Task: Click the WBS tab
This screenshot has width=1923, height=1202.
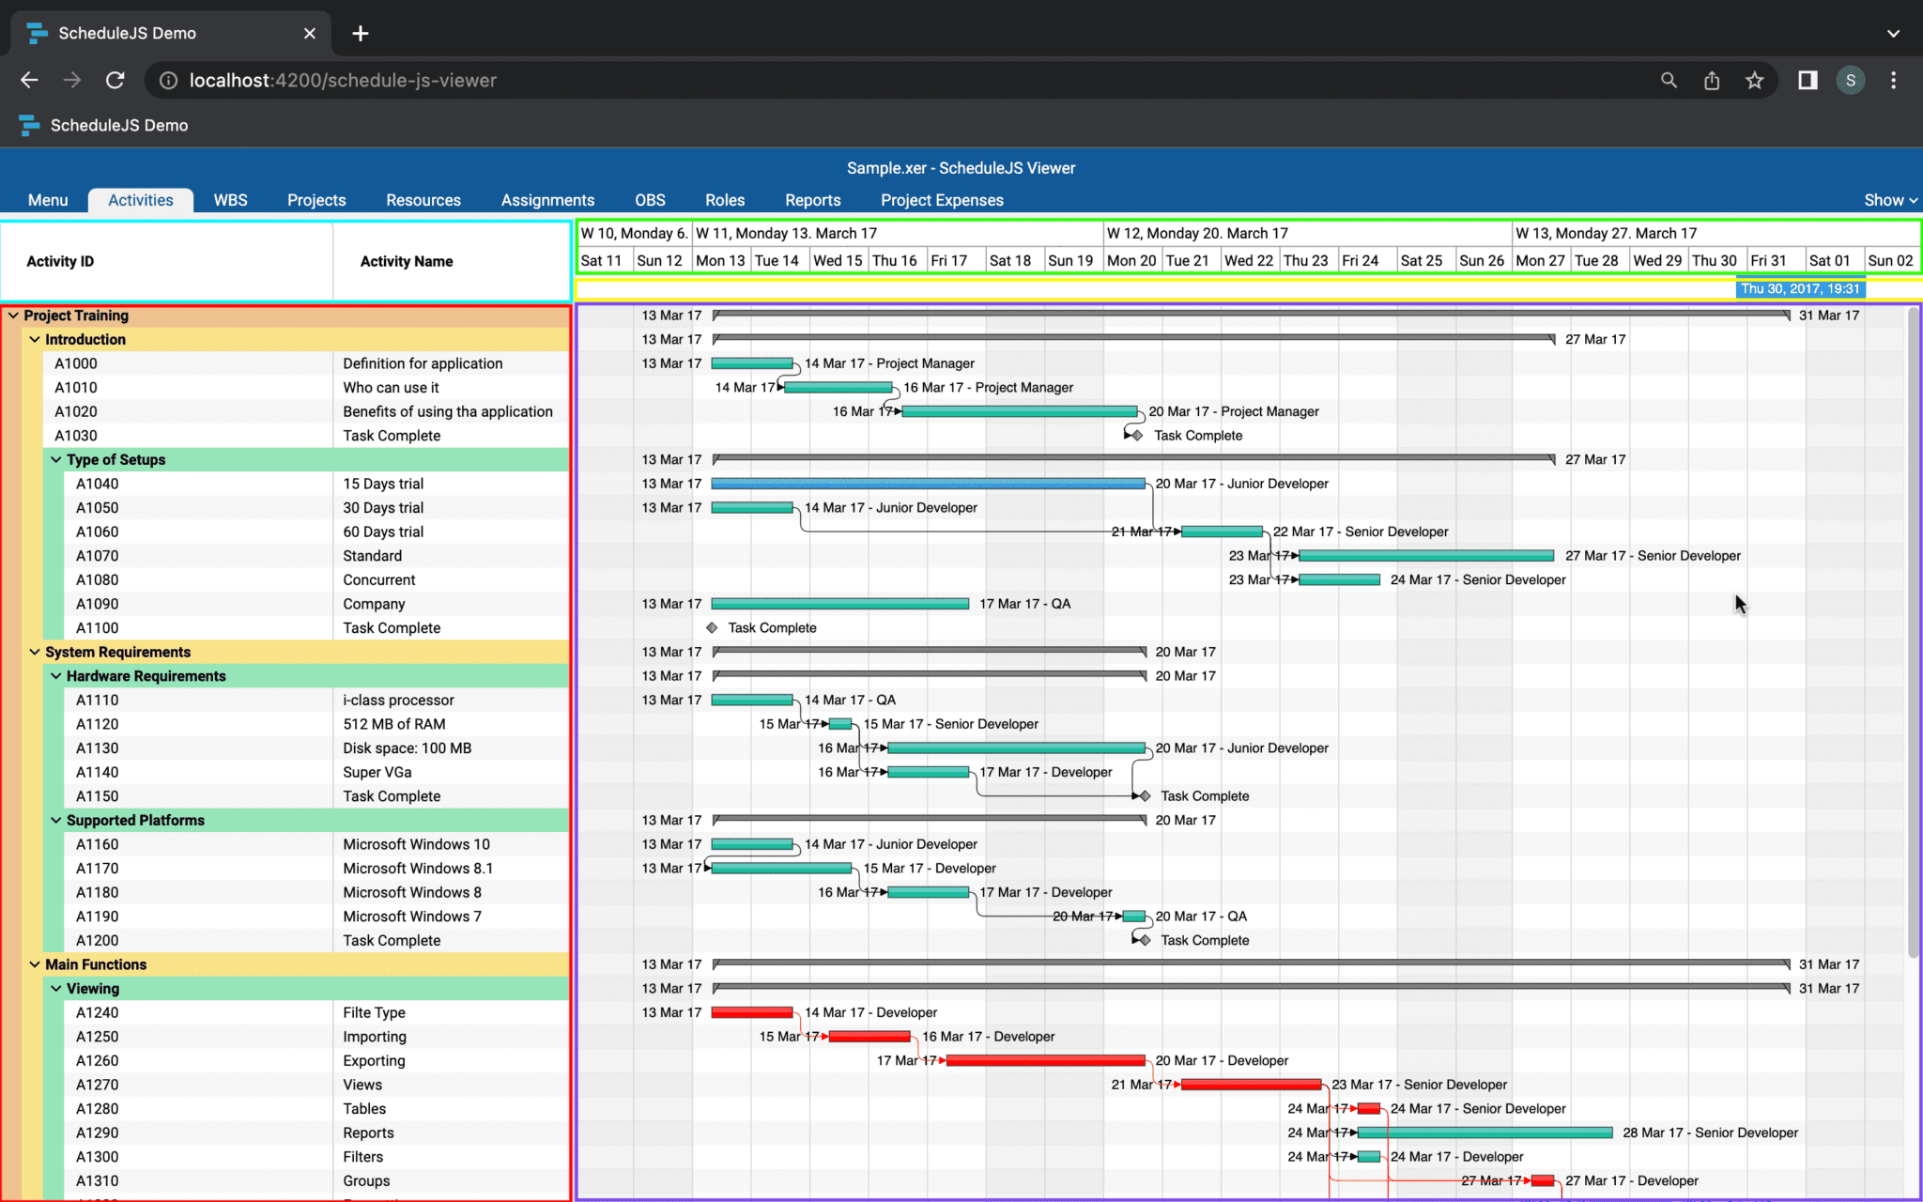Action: tap(230, 200)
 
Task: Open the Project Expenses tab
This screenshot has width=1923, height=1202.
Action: tap(942, 200)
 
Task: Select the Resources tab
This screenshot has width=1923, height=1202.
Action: tap(423, 200)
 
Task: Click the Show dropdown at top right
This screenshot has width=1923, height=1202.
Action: tap(1890, 200)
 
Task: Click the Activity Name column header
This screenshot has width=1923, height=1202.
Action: tap(407, 261)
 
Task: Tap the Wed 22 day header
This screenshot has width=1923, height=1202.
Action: tap(1249, 260)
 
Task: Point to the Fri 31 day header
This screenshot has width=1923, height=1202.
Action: tap(1768, 260)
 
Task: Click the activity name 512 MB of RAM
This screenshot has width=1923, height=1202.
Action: tap(394, 724)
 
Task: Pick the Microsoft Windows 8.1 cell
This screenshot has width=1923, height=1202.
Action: tap(418, 869)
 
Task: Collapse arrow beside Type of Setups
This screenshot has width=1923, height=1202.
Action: tap(56, 459)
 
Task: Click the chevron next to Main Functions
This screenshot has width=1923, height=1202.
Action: tap(35, 964)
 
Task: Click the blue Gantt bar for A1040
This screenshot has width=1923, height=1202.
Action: tap(928, 484)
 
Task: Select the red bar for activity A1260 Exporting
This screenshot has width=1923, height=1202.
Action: tap(1045, 1060)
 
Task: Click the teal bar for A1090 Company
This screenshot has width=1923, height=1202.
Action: tap(839, 604)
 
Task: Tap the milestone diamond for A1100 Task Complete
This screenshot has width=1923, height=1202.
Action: tap(712, 627)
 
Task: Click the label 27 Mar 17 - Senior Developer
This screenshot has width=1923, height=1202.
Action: tap(1653, 556)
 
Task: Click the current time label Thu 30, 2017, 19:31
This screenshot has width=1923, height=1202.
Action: tap(1800, 289)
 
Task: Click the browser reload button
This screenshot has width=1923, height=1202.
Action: tap(115, 81)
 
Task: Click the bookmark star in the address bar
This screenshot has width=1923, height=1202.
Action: tap(1754, 81)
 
